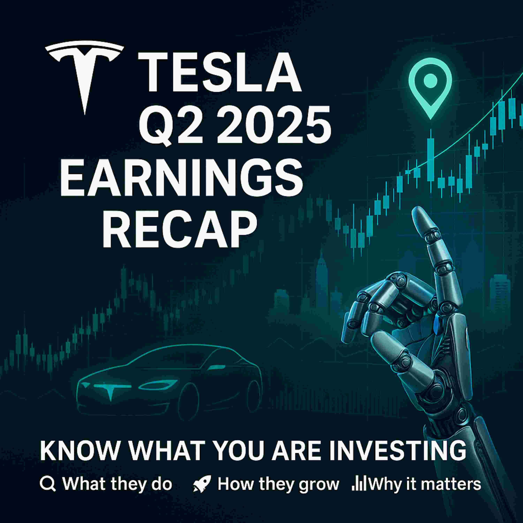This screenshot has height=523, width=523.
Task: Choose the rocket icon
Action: (202, 484)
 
